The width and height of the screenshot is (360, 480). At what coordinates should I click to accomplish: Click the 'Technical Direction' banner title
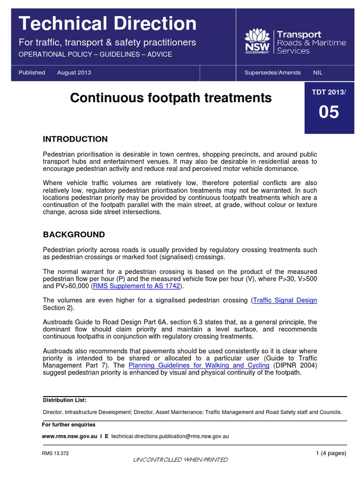[107, 23]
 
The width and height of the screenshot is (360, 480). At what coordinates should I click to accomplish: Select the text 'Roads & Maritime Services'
[318, 46]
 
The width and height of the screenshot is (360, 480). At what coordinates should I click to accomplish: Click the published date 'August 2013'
[74, 73]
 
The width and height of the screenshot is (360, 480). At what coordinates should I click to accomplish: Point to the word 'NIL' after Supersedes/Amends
[318, 73]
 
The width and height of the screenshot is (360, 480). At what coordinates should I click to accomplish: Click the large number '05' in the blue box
[329, 112]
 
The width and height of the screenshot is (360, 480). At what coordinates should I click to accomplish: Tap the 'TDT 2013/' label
[329, 92]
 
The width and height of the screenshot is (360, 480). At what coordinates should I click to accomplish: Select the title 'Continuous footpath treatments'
[171, 97]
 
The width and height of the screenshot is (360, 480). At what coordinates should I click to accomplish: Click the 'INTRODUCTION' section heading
[75, 139]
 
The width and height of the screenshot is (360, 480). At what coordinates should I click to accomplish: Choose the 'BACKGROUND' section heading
[74, 234]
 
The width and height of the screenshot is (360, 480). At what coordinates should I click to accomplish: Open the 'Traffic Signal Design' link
[285, 300]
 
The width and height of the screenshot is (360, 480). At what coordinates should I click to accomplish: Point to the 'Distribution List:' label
[65, 400]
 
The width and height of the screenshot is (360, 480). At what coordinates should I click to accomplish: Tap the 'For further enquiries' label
[68, 425]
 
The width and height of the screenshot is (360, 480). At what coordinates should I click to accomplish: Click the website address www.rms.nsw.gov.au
[69, 436]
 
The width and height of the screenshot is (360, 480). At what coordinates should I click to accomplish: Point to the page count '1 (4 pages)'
[331, 453]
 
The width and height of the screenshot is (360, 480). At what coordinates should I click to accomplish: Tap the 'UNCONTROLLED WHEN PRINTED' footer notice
[180, 460]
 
